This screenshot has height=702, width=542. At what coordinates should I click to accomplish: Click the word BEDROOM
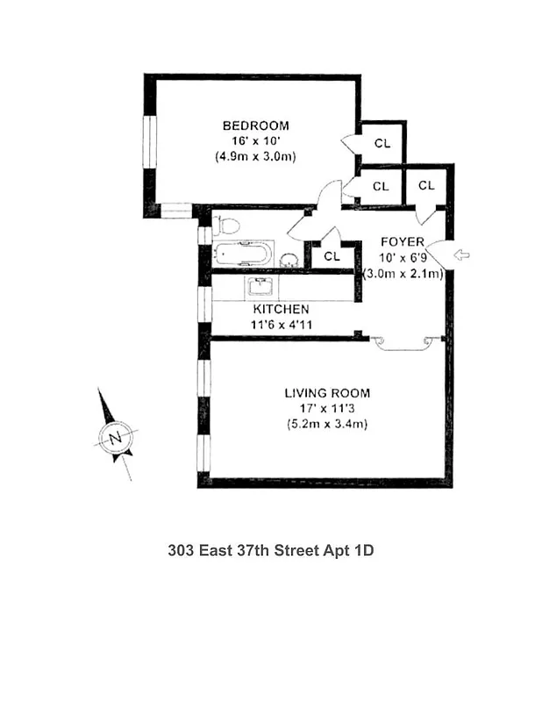[x=255, y=125]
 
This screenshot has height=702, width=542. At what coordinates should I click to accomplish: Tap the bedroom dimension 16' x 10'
[x=255, y=140]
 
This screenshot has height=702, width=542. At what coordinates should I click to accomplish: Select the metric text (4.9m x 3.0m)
[x=255, y=156]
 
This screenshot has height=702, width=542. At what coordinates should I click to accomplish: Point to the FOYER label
[x=403, y=241]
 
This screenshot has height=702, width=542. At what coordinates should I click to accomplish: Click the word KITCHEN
[x=281, y=309]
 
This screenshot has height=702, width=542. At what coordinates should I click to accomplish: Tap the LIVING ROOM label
[x=327, y=393]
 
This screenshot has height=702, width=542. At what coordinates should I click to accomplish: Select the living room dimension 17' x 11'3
[x=327, y=409]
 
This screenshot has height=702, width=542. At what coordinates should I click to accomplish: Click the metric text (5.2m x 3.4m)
[x=327, y=425]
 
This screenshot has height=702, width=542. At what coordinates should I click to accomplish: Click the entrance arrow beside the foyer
[x=460, y=255]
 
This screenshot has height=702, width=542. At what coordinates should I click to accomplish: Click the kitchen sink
[x=260, y=287]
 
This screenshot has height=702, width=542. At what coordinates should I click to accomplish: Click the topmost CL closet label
[x=382, y=143]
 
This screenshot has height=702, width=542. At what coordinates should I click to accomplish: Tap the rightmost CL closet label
[x=426, y=185]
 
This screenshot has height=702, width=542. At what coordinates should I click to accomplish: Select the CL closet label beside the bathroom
[x=332, y=256]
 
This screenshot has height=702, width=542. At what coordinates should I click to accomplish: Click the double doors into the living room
[x=403, y=343]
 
